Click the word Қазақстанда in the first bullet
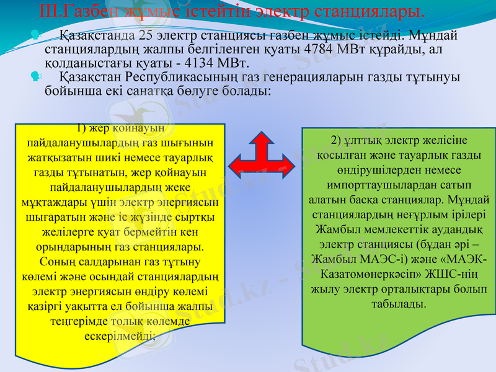click(x=97, y=35)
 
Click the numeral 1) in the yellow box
click(x=81, y=129)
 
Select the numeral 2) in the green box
click(x=335, y=138)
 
